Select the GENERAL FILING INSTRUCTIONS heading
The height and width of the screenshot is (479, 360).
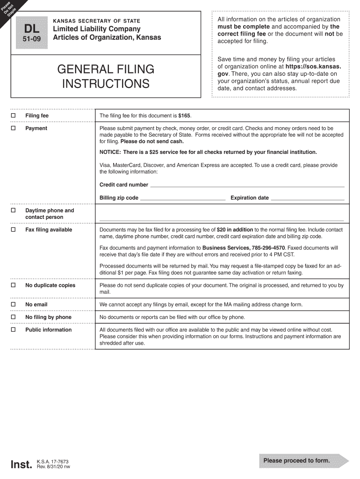[x=106, y=77]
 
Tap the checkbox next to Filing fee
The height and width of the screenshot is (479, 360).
[x=14, y=116]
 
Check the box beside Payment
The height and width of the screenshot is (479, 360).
[x=14, y=128]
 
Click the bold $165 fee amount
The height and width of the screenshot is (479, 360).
[x=185, y=116]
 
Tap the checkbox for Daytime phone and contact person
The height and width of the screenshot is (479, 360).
[x=14, y=210]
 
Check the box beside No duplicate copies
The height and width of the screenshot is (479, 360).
[x=14, y=285]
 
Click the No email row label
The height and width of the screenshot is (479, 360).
[x=36, y=305]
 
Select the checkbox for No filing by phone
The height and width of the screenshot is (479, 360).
[x=14, y=317]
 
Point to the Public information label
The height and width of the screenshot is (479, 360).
[x=48, y=330]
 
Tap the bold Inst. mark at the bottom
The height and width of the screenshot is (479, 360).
[x=22, y=464]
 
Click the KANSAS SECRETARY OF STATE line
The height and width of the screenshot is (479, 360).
[x=96, y=21]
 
